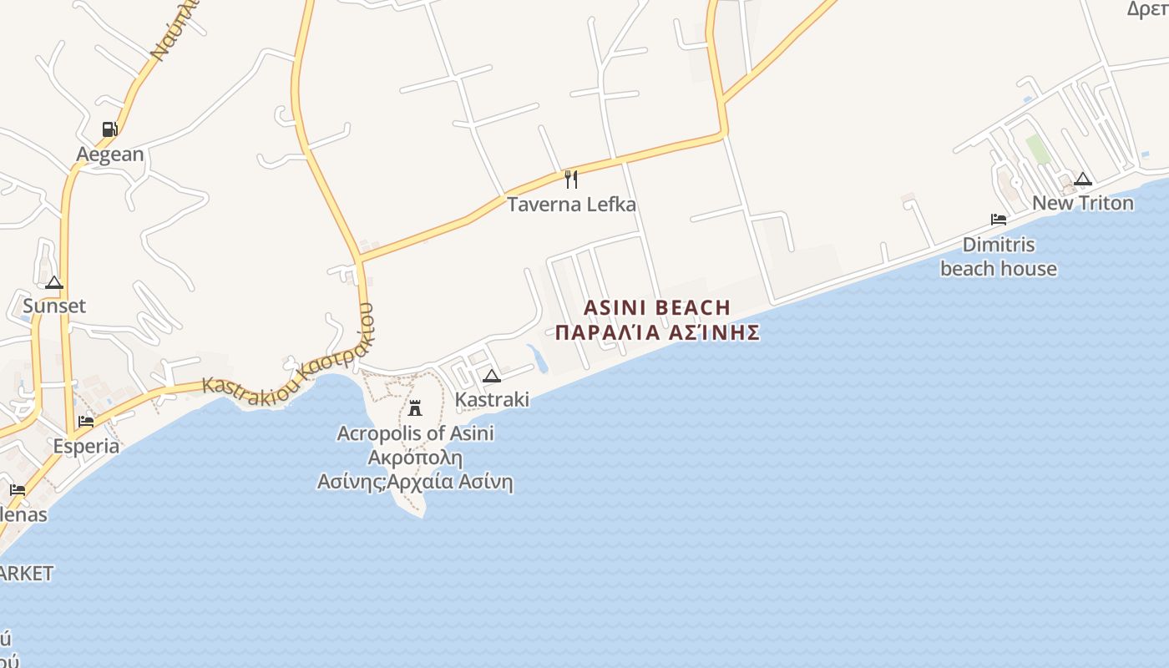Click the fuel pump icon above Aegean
pos(109,129)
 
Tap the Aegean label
pos(109,154)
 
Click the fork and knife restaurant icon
pos(571,179)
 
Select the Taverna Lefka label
pos(571,205)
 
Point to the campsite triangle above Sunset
pos(54,282)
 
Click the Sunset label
pos(54,306)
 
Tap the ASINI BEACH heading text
pos(656,308)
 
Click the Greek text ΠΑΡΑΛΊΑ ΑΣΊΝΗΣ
pos(657,332)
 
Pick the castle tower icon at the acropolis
pos(414,408)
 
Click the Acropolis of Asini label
pos(415,433)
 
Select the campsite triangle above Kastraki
pos(492,376)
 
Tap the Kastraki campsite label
pos(492,399)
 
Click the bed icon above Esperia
pos(86,422)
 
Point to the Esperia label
pos(86,446)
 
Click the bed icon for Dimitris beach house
pos(998,220)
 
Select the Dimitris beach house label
pos(998,256)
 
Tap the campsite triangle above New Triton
pos(1083,179)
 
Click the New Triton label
pos(1083,203)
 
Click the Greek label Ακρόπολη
pos(415,458)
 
